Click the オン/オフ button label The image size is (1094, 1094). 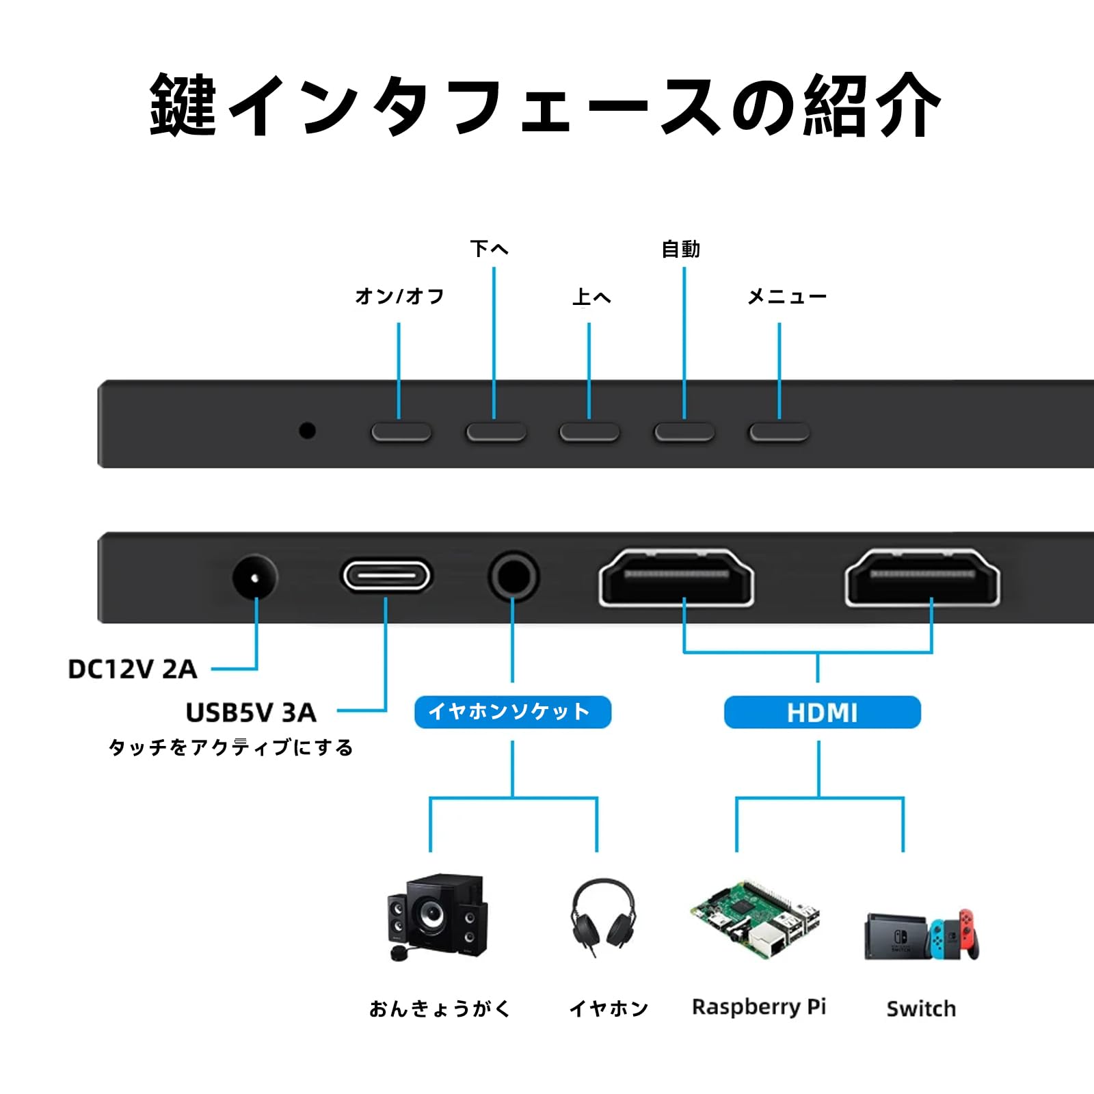point(400,296)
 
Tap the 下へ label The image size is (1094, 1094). point(490,248)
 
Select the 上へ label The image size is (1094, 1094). point(591,297)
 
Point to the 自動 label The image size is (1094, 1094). point(681,249)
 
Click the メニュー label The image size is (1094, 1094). point(787,296)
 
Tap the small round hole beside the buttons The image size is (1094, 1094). point(308,431)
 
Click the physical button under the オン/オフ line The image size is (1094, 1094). point(401,432)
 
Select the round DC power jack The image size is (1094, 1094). point(255,578)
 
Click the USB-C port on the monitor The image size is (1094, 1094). point(386,576)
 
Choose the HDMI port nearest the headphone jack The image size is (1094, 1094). point(676,578)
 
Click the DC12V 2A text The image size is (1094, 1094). point(133,669)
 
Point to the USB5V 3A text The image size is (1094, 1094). point(251,712)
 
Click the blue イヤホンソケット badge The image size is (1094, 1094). point(512,712)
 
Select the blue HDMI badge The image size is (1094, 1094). point(822,712)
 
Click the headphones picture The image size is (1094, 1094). point(603,915)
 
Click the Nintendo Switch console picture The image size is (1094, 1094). point(922,935)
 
